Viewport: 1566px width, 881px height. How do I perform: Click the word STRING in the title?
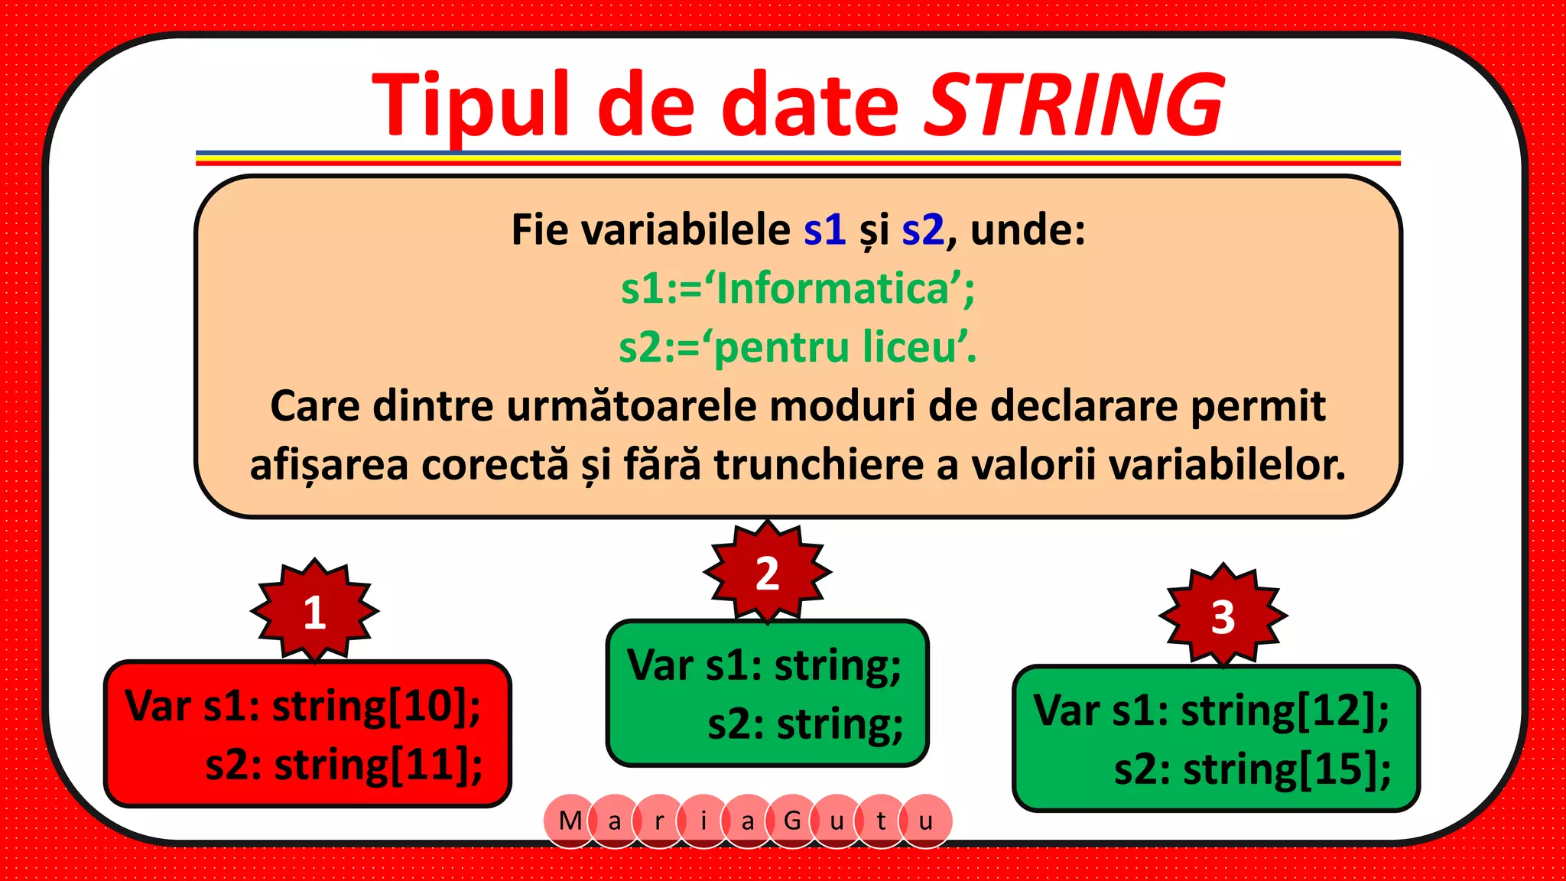(1074, 105)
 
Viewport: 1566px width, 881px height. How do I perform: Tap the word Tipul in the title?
(471, 105)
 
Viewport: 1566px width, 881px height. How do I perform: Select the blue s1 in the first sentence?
(824, 229)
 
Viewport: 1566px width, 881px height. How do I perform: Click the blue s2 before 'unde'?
(923, 229)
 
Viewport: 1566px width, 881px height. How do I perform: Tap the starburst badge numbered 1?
(314, 611)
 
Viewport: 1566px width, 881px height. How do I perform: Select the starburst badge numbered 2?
(767, 572)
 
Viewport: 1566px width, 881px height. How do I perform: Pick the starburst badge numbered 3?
(1223, 616)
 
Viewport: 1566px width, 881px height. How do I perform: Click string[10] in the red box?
(376, 705)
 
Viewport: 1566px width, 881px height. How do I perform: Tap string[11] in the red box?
(378, 764)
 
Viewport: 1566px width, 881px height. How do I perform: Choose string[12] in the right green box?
(1285, 710)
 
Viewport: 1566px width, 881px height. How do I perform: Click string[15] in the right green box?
(1287, 769)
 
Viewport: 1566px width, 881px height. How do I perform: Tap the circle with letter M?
(570, 821)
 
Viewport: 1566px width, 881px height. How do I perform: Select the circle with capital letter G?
(792, 821)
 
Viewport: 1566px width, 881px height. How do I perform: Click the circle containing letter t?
(881, 821)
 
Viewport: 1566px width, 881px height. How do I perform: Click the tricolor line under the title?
(798, 158)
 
